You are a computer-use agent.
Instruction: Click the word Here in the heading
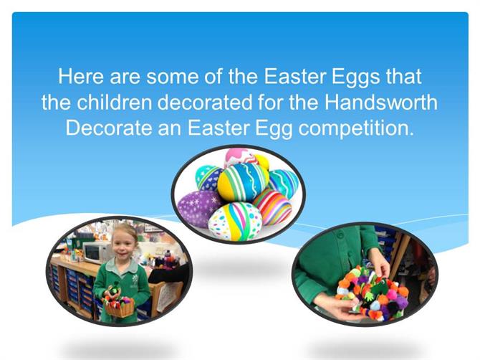pos(81,76)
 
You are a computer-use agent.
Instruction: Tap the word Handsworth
pos(381,102)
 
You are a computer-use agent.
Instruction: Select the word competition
pos(356,128)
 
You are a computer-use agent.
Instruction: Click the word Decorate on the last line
pos(109,128)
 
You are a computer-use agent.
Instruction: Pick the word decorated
pos(205,102)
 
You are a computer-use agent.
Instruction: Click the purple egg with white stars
pos(199,208)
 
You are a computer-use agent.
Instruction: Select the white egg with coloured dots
pos(235,221)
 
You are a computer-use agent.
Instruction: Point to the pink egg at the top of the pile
pos(240,157)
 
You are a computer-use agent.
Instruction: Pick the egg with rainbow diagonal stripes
pos(272,206)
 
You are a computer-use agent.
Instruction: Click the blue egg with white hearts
pos(208,177)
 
